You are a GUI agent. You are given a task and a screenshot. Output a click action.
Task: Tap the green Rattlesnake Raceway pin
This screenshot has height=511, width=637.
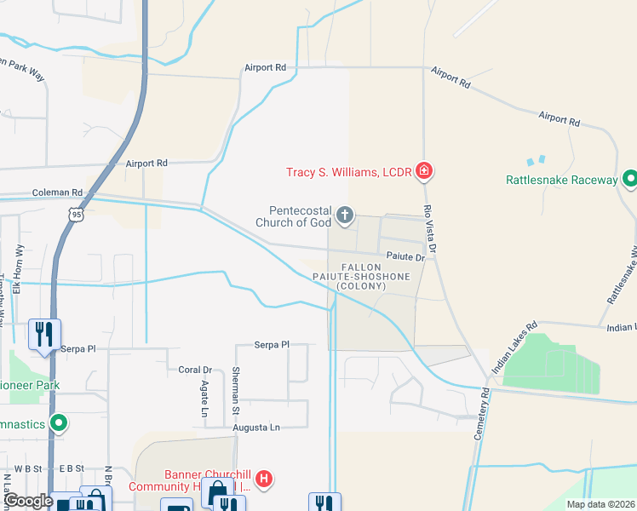630,180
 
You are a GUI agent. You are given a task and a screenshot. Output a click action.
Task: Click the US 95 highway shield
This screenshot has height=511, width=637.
77,215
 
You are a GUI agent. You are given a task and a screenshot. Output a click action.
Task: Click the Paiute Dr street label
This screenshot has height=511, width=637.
405,256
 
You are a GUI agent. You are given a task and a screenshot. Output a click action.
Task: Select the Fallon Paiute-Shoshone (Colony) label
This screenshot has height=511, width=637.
373,277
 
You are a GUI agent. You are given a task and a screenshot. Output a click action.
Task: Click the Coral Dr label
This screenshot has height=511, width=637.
195,370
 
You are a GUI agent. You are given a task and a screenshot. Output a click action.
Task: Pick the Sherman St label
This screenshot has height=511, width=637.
235,390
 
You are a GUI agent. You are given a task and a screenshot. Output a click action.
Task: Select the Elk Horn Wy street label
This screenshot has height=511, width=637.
19,269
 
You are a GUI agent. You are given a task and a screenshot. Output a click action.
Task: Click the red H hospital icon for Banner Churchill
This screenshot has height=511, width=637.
265,479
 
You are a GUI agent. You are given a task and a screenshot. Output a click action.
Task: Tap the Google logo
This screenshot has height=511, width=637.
28,501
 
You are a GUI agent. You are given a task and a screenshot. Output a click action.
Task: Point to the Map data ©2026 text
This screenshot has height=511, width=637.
600,504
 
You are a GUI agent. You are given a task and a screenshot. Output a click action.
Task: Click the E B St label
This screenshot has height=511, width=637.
72,468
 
